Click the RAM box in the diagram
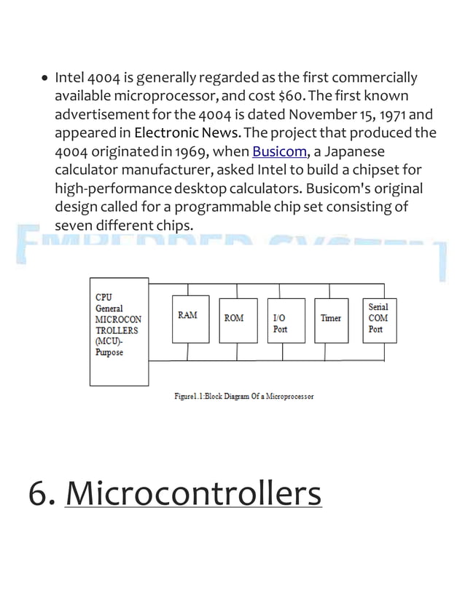tap(189, 319)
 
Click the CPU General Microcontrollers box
tap(119, 330)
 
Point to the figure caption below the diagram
tap(244, 397)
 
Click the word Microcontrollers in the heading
tap(193, 494)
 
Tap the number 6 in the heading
tap(37, 494)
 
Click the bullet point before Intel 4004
tap(45, 79)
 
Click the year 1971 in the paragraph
tap(396, 115)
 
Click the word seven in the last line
tap(75, 226)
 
